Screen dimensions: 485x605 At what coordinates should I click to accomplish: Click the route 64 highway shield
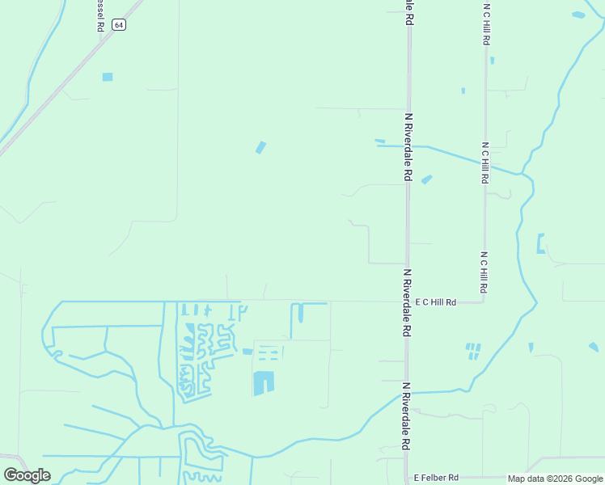119,25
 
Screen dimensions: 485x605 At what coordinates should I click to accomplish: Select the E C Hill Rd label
436,302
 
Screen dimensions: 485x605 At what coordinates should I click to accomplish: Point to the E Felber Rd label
436,478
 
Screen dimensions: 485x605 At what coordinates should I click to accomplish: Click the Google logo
27,475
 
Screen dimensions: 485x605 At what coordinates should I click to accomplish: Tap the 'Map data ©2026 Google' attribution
556,479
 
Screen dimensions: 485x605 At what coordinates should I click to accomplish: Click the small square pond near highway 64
108,77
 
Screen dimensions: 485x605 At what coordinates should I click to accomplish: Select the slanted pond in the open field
260,147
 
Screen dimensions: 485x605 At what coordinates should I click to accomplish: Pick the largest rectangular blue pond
264,383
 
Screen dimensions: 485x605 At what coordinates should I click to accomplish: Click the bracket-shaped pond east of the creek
540,243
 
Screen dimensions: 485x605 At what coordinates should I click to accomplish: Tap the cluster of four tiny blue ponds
473,351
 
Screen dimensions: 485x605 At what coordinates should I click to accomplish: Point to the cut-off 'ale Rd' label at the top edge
410,11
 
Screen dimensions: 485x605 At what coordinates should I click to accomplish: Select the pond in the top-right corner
578,15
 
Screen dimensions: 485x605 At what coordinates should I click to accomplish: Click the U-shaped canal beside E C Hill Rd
297,312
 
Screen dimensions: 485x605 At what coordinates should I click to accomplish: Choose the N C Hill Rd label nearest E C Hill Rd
484,272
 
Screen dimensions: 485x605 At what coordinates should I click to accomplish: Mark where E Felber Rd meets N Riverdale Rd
407,477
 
